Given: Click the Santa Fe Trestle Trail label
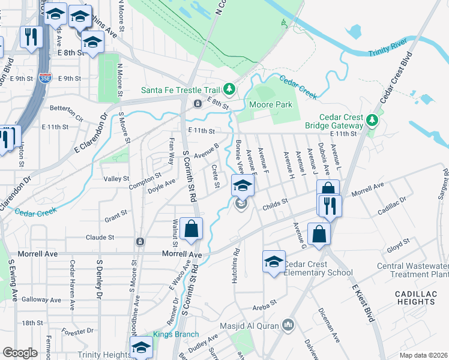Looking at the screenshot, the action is [181, 91].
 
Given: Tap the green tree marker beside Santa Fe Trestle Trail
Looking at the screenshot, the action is [229, 90].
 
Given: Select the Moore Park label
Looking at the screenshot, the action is [270, 105].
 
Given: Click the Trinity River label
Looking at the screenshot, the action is [387, 48].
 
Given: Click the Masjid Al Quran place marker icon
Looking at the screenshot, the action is [289, 325].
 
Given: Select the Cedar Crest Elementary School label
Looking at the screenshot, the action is [318, 268].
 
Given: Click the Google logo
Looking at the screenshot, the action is [20, 353].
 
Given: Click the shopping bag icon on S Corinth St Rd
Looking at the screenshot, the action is [191, 229].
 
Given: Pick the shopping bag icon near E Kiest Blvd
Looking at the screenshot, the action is [319, 233].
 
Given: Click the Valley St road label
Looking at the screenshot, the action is [116, 179].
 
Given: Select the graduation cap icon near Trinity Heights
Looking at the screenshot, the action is [142, 347].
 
